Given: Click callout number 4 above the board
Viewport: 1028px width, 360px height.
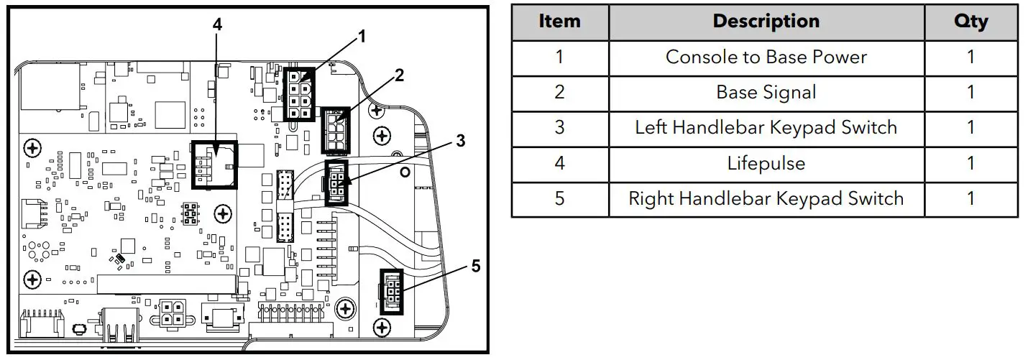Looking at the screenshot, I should [217, 24].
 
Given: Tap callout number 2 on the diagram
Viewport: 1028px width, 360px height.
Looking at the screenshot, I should [400, 73].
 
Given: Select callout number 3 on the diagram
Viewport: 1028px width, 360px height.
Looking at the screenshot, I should [460, 141].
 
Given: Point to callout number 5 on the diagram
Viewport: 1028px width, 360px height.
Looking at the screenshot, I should [475, 267].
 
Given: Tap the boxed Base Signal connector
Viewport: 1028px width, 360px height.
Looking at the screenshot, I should [335, 130].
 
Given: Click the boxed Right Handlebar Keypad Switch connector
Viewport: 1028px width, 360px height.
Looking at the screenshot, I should [393, 290].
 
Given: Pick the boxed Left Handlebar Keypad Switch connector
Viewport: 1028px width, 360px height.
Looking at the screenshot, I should [336, 183].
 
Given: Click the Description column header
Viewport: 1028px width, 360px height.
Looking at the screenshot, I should [766, 22].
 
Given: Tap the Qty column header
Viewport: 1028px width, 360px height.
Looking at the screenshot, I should [970, 22].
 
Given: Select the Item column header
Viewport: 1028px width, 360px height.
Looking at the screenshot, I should [559, 22].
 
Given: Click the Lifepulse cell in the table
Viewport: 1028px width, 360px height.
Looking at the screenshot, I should [766, 164].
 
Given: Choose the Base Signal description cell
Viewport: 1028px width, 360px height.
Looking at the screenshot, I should [766, 93].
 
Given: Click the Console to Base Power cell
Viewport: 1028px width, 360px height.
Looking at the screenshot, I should [766, 57].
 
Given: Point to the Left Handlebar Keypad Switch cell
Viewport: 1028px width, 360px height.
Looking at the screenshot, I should [766, 128].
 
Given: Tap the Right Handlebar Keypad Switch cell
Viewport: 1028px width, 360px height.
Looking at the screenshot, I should [766, 199].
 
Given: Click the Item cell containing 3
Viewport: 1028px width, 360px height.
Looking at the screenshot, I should [559, 128].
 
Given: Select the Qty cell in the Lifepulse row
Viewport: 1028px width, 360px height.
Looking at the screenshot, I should [970, 164].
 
